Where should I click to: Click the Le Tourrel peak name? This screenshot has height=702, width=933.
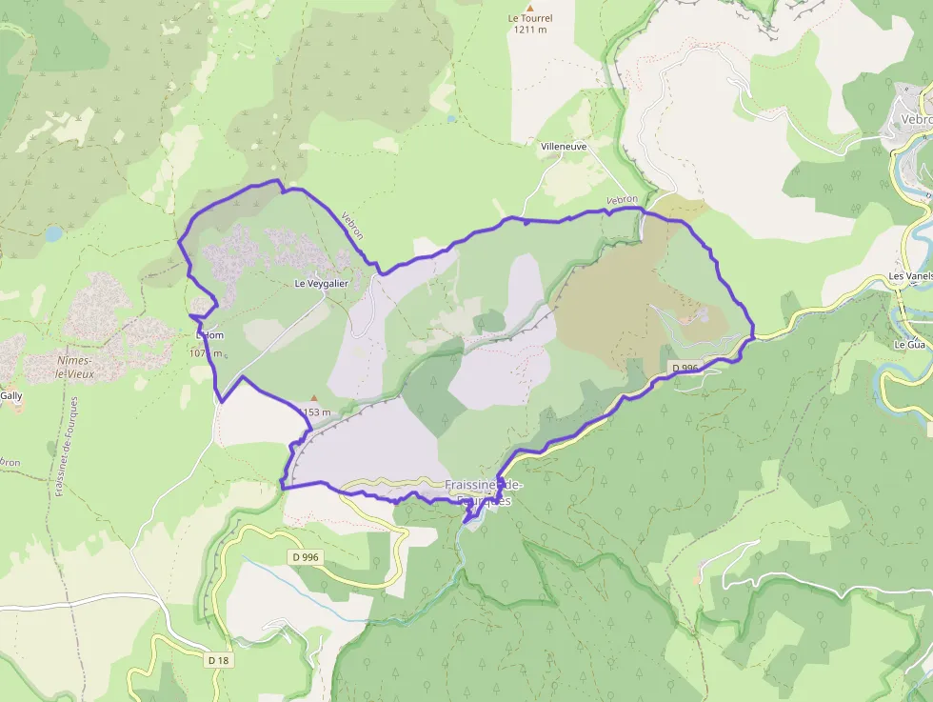point(530,18)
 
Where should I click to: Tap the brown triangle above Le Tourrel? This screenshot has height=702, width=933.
point(530,7)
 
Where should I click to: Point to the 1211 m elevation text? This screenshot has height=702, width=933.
point(530,30)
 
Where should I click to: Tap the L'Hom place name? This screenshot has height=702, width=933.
point(209,335)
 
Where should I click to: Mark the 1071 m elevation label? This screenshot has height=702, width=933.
point(206,353)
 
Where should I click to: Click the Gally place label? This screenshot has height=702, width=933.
point(11,395)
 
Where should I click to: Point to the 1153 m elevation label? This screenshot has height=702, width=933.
point(314,412)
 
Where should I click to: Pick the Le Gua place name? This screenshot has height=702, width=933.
point(909,344)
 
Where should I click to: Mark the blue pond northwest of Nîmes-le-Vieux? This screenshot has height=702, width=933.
point(52,232)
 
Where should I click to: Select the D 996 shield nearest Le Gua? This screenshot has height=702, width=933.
point(685,369)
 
